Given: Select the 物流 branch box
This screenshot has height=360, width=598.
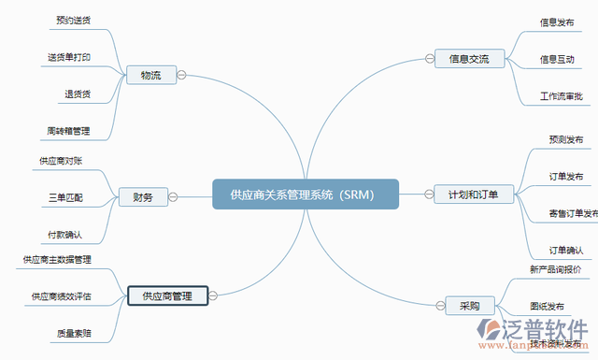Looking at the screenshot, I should [150, 75].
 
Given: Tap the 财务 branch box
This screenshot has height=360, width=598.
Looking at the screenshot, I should [143, 197].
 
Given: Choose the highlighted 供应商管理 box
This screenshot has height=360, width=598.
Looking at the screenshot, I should [167, 296].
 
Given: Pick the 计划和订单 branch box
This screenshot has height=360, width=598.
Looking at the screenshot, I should [474, 194].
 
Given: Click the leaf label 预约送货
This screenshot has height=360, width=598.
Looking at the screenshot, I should [73, 20].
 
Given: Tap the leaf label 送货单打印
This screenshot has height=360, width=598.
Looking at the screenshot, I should [69, 57].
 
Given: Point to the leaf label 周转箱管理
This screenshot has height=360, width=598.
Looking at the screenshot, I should [69, 130].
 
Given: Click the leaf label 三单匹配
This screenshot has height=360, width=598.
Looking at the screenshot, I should [65, 197].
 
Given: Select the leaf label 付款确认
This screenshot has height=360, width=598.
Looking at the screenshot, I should [65, 234].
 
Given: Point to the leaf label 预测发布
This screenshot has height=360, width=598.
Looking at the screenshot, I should [566, 139].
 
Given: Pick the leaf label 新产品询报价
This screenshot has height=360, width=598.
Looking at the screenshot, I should [555, 269].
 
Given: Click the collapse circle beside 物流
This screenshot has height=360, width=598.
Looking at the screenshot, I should [183, 75].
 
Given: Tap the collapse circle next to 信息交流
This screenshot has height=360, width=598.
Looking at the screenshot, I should [429, 58].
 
